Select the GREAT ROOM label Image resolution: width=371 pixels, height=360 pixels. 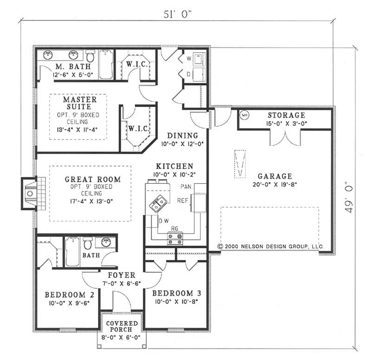(93, 179)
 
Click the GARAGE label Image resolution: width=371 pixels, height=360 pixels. (275, 176)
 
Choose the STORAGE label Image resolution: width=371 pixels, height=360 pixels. (287, 115)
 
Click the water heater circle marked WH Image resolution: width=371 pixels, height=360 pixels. (244, 114)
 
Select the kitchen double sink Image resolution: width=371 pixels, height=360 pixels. (158, 203)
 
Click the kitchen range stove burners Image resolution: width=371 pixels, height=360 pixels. (175, 238)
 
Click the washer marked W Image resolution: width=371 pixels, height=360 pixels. (198, 59)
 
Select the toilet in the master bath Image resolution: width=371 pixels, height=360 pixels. (90, 58)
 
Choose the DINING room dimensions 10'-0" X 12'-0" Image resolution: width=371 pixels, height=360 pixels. (183, 143)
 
